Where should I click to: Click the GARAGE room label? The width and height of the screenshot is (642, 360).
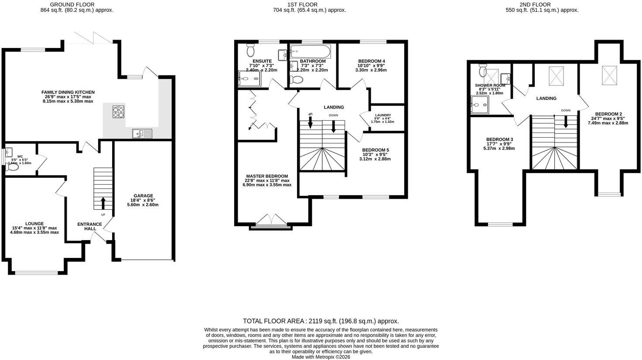click(x=144, y=196)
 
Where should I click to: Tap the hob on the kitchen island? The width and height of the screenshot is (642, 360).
click(x=118, y=112)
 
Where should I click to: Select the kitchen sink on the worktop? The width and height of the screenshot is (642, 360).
click(x=142, y=133)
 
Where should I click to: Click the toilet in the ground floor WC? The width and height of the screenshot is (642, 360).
click(x=13, y=166)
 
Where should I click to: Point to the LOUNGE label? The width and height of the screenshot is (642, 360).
click(x=34, y=224)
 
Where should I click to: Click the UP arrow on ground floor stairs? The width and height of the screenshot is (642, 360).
click(x=103, y=204)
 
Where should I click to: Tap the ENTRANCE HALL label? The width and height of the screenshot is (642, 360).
click(x=90, y=226)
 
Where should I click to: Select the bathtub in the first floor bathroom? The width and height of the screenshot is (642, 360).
click(x=311, y=51)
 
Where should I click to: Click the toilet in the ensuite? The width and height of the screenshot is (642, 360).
click(x=250, y=51)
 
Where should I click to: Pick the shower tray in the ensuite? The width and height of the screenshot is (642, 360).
click(x=249, y=79)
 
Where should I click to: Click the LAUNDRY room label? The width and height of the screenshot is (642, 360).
click(x=383, y=115)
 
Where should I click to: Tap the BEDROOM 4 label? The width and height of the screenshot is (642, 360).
click(x=372, y=61)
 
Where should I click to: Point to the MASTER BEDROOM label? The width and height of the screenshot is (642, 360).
click(x=267, y=176)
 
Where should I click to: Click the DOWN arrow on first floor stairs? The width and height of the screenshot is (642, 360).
click(x=333, y=126)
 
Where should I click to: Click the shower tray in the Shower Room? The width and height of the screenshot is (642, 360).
click(x=480, y=105)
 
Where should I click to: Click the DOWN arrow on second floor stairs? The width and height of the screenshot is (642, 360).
click(x=566, y=122)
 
